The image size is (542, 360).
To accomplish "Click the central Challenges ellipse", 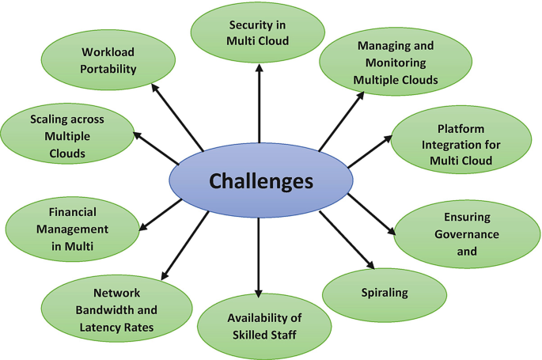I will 260,181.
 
